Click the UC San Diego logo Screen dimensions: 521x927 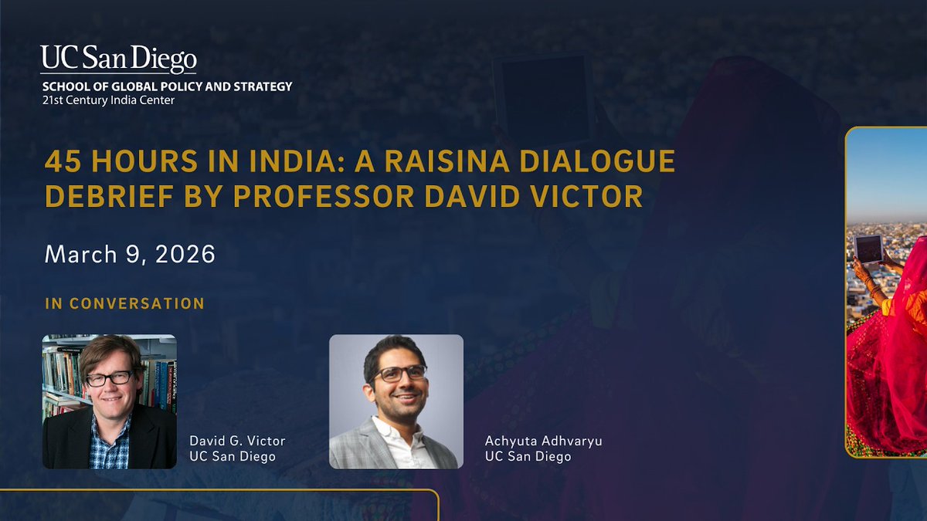click(119, 59)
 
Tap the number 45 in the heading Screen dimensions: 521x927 click(63, 162)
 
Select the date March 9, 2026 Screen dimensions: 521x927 click(130, 254)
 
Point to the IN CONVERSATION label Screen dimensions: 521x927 click(125, 303)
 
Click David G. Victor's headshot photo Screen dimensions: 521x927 click(109, 401)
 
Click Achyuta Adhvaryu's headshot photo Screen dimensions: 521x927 click(396, 401)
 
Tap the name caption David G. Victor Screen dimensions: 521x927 click(237, 441)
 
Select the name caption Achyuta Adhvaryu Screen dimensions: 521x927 click(543, 441)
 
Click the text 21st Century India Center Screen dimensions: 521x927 click(108, 100)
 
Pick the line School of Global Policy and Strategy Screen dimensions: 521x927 click(167, 86)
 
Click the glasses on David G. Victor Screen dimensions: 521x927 click(110, 379)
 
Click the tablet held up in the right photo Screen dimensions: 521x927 click(868, 249)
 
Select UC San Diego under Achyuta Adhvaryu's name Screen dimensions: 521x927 click(528, 456)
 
